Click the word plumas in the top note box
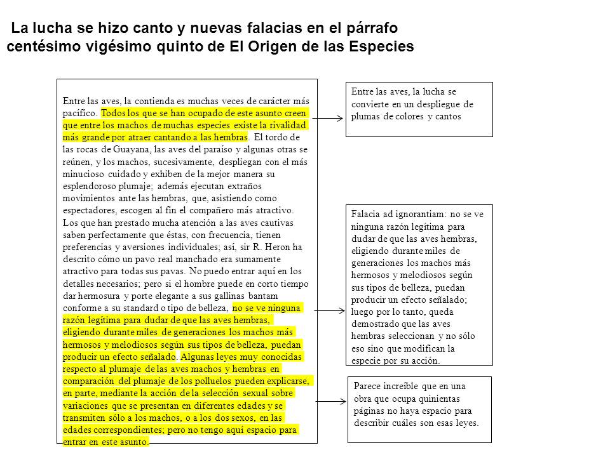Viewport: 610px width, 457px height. (x=365, y=116)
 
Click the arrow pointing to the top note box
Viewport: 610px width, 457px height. (x=329, y=119)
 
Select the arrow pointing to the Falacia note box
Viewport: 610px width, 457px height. (x=329, y=310)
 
